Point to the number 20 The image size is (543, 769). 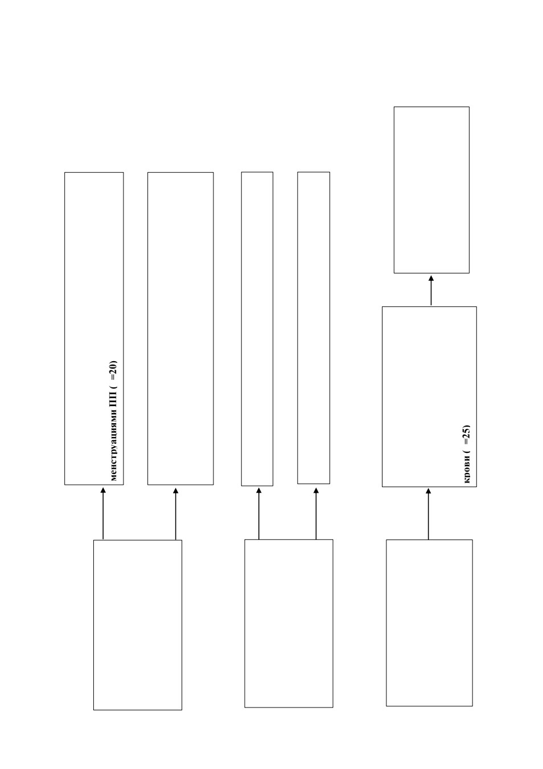(x=114, y=367)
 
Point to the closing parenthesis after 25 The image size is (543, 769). (x=467, y=427)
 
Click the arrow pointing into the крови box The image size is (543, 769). (x=428, y=514)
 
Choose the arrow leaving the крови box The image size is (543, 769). (x=431, y=290)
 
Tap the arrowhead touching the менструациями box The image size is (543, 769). (x=103, y=490)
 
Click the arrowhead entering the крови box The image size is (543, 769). (x=428, y=491)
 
